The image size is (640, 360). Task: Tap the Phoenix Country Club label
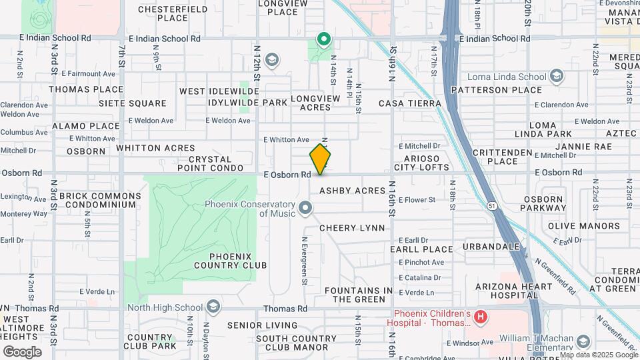click(x=239, y=260)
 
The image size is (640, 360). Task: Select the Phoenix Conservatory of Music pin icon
click(x=306, y=209)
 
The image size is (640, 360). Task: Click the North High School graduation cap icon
click(x=213, y=307)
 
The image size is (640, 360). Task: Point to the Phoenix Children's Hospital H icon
click(x=482, y=318)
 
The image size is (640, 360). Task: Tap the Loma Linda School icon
click(x=555, y=77)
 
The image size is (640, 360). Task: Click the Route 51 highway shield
click(x=491, y=206)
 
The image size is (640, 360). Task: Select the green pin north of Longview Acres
click(x=324, y=40)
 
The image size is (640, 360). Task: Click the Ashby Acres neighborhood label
click(x=352, y=191)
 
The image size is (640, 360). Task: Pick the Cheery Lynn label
click(x=352, y=228)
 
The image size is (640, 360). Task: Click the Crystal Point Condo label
click(x=209, y=164)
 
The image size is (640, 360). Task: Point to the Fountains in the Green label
click(x=358, y=295)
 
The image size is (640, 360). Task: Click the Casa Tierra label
click(x=409, y=103)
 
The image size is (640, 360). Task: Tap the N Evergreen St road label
click(x=304, y=261)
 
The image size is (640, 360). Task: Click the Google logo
click(x=22, y=351)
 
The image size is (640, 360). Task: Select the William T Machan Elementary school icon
click(x=583, y=342)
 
